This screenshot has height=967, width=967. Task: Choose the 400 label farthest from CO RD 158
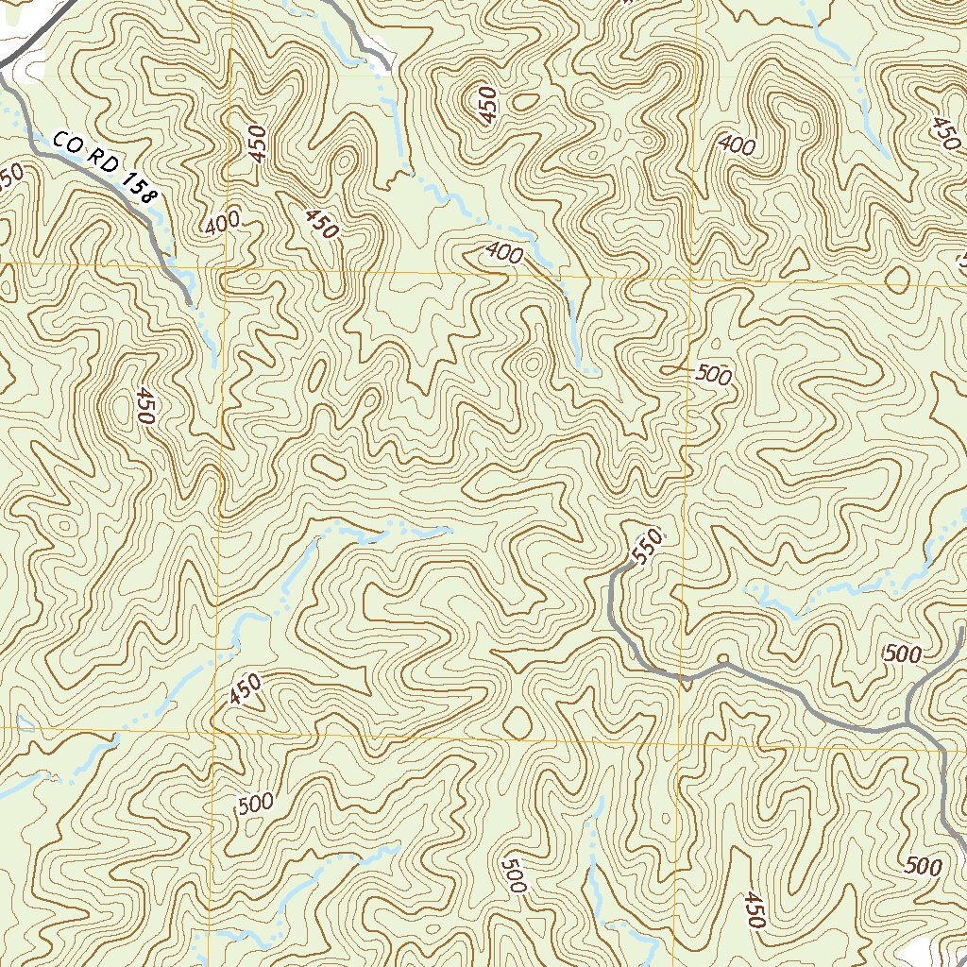(x=737, y=145)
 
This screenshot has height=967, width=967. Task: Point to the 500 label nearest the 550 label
(x=713, y=374)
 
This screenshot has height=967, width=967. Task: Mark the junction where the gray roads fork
(x=908, y=722)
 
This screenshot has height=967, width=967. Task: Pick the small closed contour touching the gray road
(x=722, y=658)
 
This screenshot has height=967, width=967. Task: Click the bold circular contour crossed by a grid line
(x=897, y=280)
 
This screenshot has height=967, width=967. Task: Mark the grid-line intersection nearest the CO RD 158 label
(x=225, y=267)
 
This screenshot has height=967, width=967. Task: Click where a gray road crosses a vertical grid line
(x=681, y=676)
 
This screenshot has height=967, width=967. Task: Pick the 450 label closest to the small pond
(x=244, y=690)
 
